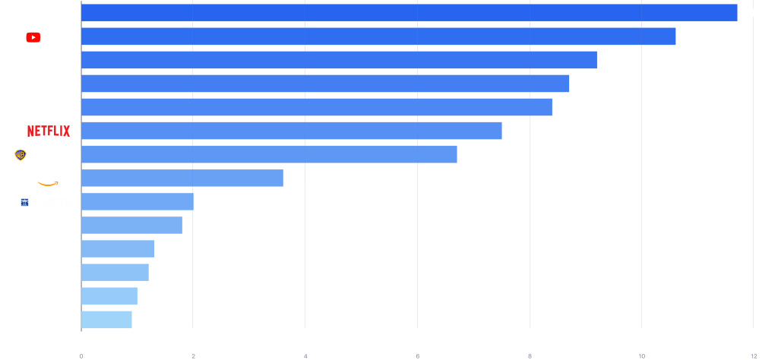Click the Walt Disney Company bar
409,13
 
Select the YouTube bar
378,36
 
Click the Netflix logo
49,131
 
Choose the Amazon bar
182,178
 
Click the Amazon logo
51,179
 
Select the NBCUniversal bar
339,60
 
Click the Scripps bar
137,202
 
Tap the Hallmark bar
115,273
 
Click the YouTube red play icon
33,37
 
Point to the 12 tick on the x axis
753,355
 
